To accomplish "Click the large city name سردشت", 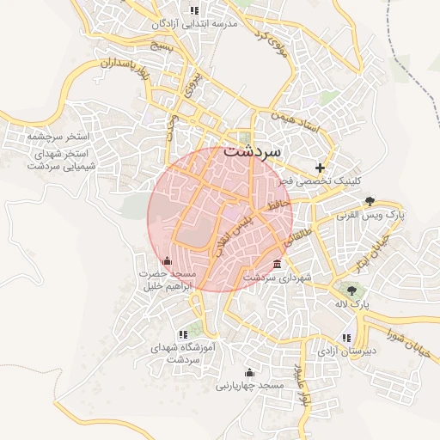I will pyautogui.click(x=252, y=150).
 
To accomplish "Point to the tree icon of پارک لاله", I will pyautogui.click(x=351, y=289).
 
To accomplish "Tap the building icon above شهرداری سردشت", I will pyautogui.click(x=276, y=264).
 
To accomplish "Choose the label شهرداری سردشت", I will pyautogui.click(x=276, y=278).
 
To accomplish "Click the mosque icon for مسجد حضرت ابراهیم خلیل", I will pyautogui.click(x=167, y=260).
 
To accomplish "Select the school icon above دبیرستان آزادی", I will pyautogui.click(x=345, y=338).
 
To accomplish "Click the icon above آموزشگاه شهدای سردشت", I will pyautogui.click(x=182, y=334).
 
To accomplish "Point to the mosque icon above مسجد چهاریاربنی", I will pyautogui.click(x=249, y=372).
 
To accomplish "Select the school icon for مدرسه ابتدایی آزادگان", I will pyautogui.click(x=194, y=10).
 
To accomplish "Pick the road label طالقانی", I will pyautogui.click(x=304, y=239).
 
